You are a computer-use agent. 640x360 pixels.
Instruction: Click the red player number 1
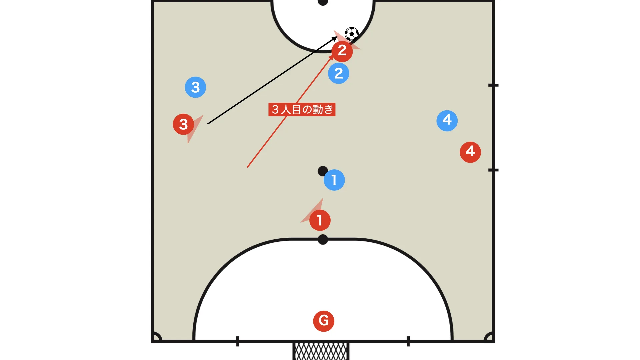click(x=320, y=220)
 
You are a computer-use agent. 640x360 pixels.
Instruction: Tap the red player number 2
click(x=342, y=51)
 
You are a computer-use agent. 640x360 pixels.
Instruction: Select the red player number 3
click(x=183, y=124)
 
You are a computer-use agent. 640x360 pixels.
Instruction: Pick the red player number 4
click(x=470, y=152)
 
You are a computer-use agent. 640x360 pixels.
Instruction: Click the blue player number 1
click(x=334, y=180)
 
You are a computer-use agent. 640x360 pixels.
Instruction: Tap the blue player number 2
click(x=338, y=73)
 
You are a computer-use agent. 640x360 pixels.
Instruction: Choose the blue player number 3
click(x=195, y=87)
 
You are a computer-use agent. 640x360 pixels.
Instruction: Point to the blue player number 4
click(x=447, y=121)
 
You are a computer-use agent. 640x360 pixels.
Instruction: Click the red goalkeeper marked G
click(x=323, y=321)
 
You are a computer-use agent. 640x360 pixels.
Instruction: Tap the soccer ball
click(x=351, y=34)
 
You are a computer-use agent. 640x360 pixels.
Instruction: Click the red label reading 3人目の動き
click(x=302, y=109)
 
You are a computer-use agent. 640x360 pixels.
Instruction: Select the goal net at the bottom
click(x=321, y=351)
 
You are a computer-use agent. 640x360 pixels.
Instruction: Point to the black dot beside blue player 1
click(x=322, y=171)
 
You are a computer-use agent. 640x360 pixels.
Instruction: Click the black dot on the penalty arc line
click(x=323, y=239)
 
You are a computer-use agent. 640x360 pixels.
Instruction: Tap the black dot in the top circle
click(x=323, y=2)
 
